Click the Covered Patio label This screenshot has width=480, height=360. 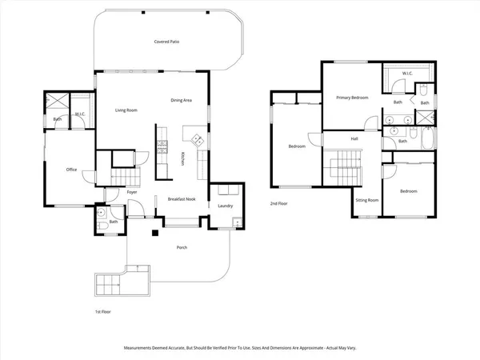166,42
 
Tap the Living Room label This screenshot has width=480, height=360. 126,110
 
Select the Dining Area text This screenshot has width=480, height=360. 182,100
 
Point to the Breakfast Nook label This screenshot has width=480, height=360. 182,199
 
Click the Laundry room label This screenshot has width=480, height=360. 226,206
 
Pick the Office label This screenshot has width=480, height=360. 72,170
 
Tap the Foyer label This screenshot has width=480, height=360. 132,192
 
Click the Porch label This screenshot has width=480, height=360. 182,247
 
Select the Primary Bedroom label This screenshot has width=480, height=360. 352,98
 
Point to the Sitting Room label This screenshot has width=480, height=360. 367,200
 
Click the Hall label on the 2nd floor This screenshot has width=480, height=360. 354,139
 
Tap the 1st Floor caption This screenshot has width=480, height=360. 103,312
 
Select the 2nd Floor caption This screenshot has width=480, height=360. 279,203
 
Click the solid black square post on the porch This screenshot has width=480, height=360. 155,233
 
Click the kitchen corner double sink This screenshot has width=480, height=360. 198,140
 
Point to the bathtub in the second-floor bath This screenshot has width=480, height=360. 428,138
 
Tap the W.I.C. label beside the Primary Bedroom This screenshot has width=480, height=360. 407,74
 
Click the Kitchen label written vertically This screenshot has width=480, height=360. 183,159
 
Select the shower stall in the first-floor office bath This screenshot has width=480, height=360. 58,101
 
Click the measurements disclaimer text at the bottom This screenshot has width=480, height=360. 240,348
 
